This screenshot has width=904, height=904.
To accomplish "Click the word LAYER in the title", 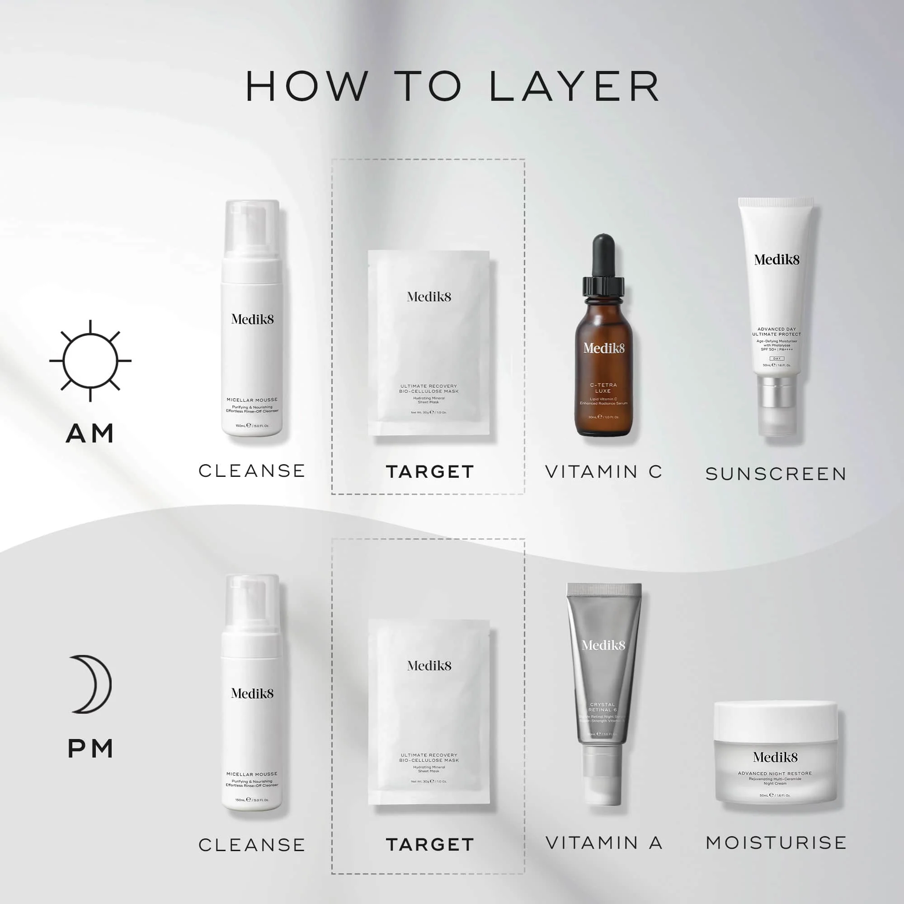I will click(574, 87).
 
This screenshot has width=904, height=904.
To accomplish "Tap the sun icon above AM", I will click(90, 361).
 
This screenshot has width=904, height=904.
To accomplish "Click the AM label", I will click(90, 433).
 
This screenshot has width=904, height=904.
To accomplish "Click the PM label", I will click(90, 749).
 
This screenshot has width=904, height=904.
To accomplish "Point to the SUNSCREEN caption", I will click(776, 474).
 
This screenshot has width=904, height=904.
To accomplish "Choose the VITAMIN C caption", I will click(603, 471).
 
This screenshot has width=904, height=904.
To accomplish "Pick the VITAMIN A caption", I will click(603, 843).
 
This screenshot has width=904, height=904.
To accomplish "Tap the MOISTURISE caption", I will click(776, 843).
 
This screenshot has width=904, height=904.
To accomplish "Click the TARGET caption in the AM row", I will click(429, 471).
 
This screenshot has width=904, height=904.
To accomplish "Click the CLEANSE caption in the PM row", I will click(252, 845).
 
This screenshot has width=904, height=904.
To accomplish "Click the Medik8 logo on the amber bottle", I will click(603, 348).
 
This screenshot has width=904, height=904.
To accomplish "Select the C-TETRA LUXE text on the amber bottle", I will click(603, 388).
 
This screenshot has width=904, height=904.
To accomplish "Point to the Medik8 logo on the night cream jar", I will click(775, 757).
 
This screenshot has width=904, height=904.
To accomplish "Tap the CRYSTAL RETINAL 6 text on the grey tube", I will click(603, 707).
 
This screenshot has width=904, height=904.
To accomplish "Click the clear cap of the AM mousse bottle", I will click(252, 227).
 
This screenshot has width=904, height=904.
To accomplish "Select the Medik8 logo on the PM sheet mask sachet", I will click(429, 666).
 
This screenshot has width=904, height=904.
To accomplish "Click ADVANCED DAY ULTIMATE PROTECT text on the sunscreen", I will click(776, 332).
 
